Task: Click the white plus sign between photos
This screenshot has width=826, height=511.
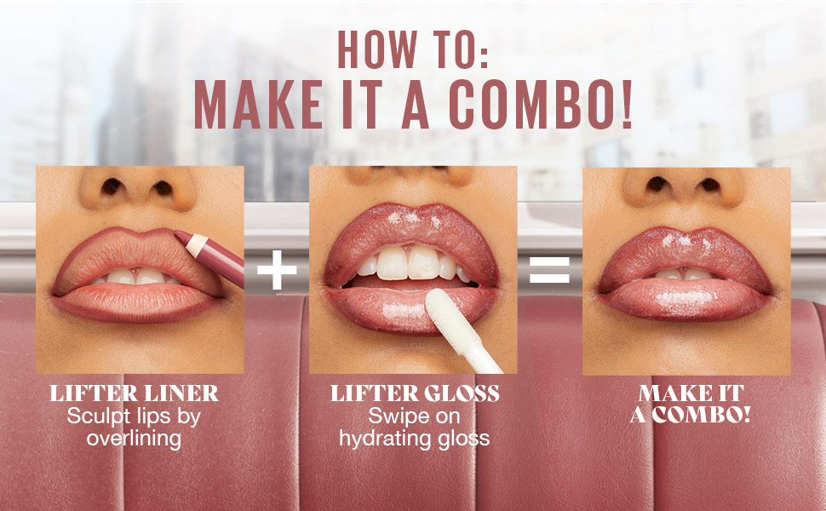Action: pyautogui.click(x=277, y=270)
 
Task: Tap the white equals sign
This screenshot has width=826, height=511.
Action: pyautogui.click(x=549, y=270)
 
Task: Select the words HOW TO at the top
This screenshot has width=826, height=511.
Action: pyautogui.click(x=413, y=49)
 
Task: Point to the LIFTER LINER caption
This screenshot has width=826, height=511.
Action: pyautogui.click(x=134, y=393)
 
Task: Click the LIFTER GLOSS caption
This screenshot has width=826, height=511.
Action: pyautogui.click(x=415, y=393)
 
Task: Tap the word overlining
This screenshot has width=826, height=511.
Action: pyautogui.click(x=134, y=439)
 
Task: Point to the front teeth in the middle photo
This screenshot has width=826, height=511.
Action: pyautogui.click(x=408, y=261)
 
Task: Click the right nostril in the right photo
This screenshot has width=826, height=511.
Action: pyautogui.click(x=709, y=184)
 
